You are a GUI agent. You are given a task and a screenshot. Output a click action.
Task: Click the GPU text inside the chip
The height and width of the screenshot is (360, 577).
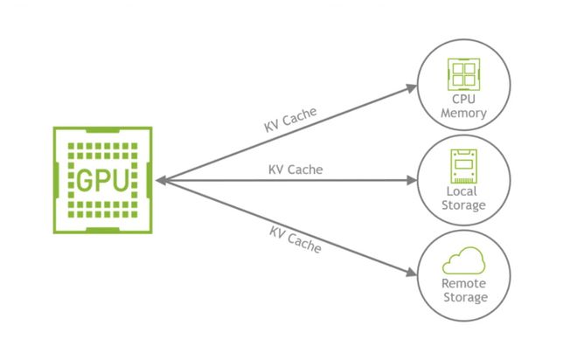[102, 180]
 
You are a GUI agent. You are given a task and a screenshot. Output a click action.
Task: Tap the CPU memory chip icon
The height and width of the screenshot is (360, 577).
[463, 74]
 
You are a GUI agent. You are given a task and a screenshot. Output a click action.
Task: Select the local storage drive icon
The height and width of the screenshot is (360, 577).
[463, 166]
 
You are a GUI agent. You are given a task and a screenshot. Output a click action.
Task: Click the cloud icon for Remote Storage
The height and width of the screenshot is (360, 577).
[463, 260]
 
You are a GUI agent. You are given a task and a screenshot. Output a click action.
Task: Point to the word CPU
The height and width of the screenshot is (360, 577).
[463, 100]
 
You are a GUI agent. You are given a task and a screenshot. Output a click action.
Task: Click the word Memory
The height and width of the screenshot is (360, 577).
[463, 113]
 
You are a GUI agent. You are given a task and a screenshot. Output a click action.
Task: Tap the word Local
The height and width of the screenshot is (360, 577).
[462, 191]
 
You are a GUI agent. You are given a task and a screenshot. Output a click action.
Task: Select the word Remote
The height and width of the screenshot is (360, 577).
[463, 283]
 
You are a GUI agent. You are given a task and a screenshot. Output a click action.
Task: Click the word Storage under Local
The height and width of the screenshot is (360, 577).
[463, 205]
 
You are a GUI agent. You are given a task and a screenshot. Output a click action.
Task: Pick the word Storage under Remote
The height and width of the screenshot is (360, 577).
[465, 297]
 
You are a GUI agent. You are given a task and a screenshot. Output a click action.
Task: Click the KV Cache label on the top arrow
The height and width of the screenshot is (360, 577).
[290, 120]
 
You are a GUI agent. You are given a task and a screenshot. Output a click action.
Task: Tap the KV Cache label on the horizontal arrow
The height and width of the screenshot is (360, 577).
[295, 170]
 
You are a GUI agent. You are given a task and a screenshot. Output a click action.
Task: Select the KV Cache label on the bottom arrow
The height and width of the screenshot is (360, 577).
[295, 239]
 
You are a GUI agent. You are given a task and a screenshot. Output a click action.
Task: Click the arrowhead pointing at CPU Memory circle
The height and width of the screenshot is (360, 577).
[412, 88]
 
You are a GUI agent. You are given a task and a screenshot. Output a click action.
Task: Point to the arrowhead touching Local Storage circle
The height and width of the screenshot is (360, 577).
[412, 180]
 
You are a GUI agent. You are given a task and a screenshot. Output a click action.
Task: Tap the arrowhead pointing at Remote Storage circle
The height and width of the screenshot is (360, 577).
[412, 273]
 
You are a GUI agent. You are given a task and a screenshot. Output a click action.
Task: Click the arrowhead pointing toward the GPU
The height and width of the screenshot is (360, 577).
[162, 180]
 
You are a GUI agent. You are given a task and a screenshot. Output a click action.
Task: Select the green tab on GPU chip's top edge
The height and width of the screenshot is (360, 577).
[102, 130]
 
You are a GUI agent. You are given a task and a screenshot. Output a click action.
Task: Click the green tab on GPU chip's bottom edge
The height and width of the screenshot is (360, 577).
[102, 230]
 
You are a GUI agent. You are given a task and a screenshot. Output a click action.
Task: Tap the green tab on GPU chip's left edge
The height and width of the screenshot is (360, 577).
[56, 180]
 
